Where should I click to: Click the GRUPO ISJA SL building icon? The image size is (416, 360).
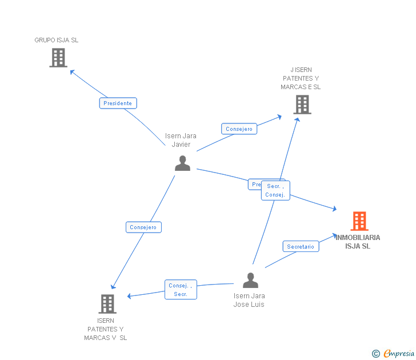(x=58, y=58)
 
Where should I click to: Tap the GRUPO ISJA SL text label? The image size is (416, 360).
(x=57, y=40)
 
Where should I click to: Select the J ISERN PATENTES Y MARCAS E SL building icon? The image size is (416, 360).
(x=302, y=105)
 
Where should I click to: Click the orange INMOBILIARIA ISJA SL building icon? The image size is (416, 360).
(x=359, y=221)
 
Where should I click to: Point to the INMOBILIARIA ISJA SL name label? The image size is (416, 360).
(x=358, y=242)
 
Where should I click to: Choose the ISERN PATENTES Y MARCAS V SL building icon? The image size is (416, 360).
(x=107, y=304)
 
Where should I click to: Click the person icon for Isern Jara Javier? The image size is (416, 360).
(x=182, y=163)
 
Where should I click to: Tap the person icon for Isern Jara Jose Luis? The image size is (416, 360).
(x=250, y=281)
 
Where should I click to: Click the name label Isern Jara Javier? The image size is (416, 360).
(x=181, y=140)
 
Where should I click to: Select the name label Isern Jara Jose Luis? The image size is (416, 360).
(x=249, y=300)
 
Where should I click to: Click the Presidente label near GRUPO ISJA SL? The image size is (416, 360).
(x=118, y=103)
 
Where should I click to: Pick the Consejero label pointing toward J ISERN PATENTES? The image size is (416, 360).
(x=239, y=129)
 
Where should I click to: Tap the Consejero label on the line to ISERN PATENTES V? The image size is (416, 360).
(x=143, y=227)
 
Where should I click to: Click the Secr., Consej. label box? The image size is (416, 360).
(x=275, y=190)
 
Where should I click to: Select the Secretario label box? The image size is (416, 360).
(x=301, y=247)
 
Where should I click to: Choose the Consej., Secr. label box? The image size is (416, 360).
(x=181, y=290)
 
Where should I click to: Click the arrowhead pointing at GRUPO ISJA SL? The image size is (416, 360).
(x=71, y=71)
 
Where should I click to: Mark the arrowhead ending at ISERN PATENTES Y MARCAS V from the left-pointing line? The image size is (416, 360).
(x=129, y=296)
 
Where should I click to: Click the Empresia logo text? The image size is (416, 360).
(x=399, y=354)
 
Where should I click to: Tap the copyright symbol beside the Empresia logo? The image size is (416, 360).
(x=375, y=354)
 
